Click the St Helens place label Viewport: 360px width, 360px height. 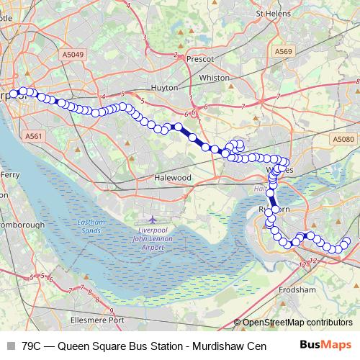(274, 12)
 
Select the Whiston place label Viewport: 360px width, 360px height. (215, 78)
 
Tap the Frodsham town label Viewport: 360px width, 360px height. (297, 289)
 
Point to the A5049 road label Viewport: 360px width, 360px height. (72, 53)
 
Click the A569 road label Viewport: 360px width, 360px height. (283, 52)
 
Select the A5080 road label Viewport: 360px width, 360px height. (343, 138)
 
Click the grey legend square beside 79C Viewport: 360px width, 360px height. (11, 346)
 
